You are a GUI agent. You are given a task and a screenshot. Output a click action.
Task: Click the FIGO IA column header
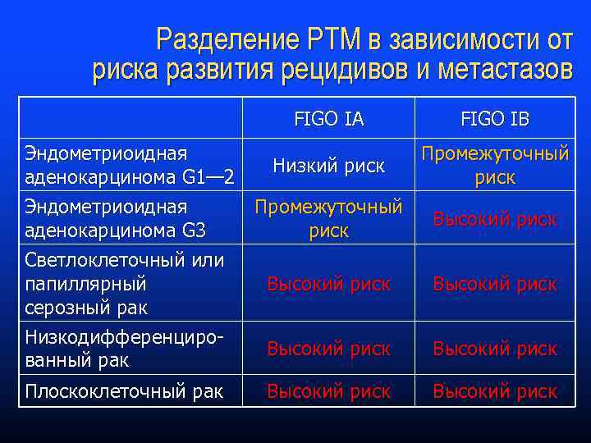[x=328, y=120]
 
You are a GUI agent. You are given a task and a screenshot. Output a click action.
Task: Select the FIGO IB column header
[x=494, y=120]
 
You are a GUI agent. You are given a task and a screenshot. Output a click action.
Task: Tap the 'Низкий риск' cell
[x=328, y=167]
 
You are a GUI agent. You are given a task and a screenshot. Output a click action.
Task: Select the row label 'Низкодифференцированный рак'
[x=123, y=349]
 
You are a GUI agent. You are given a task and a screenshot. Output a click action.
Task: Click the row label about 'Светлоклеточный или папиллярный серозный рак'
[x=124, y=284]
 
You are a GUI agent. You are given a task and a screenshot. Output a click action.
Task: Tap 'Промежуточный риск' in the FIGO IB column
[x=494, y=166]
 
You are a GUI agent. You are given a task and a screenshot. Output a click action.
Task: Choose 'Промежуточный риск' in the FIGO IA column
[x=328, y=219]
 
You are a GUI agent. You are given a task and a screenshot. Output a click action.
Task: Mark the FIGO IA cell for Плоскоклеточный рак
[x=328, y=392]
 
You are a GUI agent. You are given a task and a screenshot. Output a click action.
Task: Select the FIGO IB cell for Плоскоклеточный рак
[x=494, y=392]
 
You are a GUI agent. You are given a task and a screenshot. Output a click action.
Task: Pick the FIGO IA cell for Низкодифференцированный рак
[x=328, y=349]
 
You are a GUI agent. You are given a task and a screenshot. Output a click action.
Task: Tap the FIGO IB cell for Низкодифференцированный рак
[x=494, y=349]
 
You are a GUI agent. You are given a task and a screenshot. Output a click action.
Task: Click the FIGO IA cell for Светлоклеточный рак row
[x=328, y=285]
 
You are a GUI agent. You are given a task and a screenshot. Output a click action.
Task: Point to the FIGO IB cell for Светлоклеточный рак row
[x=494, y=285]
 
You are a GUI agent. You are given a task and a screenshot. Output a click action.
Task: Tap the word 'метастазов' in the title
[x=505, y=71]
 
